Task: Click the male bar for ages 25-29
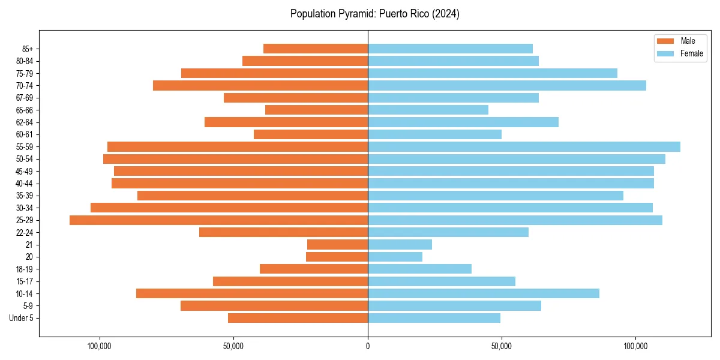218,220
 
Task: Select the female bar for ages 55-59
524,147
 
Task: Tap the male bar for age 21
337,245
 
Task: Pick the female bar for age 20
395,257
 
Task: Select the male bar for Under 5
298,318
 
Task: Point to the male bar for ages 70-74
260,86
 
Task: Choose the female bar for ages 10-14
483,293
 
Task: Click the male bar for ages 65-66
316,110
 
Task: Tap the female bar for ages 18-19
419,269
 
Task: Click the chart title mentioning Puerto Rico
374,14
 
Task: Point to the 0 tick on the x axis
368,346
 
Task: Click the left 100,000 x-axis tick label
100,346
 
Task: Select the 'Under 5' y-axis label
21,318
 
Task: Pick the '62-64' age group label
25,122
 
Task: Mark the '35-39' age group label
25,196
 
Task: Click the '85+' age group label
27,49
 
